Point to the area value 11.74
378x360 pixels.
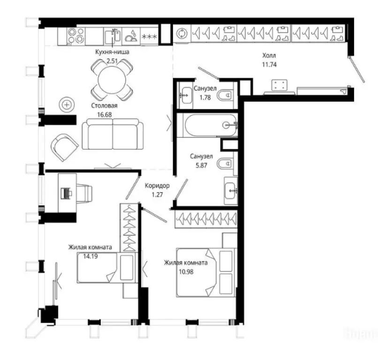pyautogui.click(x=269, y=65)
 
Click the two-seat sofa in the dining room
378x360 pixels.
pyautogui.click(x=113, y=134)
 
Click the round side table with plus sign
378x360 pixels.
pyautogui.click(x=67, y=104)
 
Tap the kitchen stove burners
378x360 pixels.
pyautogui.click(x=76, y=35)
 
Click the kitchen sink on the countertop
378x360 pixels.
pyautogui.click(x=112, y=36)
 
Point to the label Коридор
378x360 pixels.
pyautogui.click(x=158, y=186)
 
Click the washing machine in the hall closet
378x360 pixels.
pyautogui.click(x=182, y=34)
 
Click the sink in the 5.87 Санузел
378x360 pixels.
pyautogui.click(x=231, y=189)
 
